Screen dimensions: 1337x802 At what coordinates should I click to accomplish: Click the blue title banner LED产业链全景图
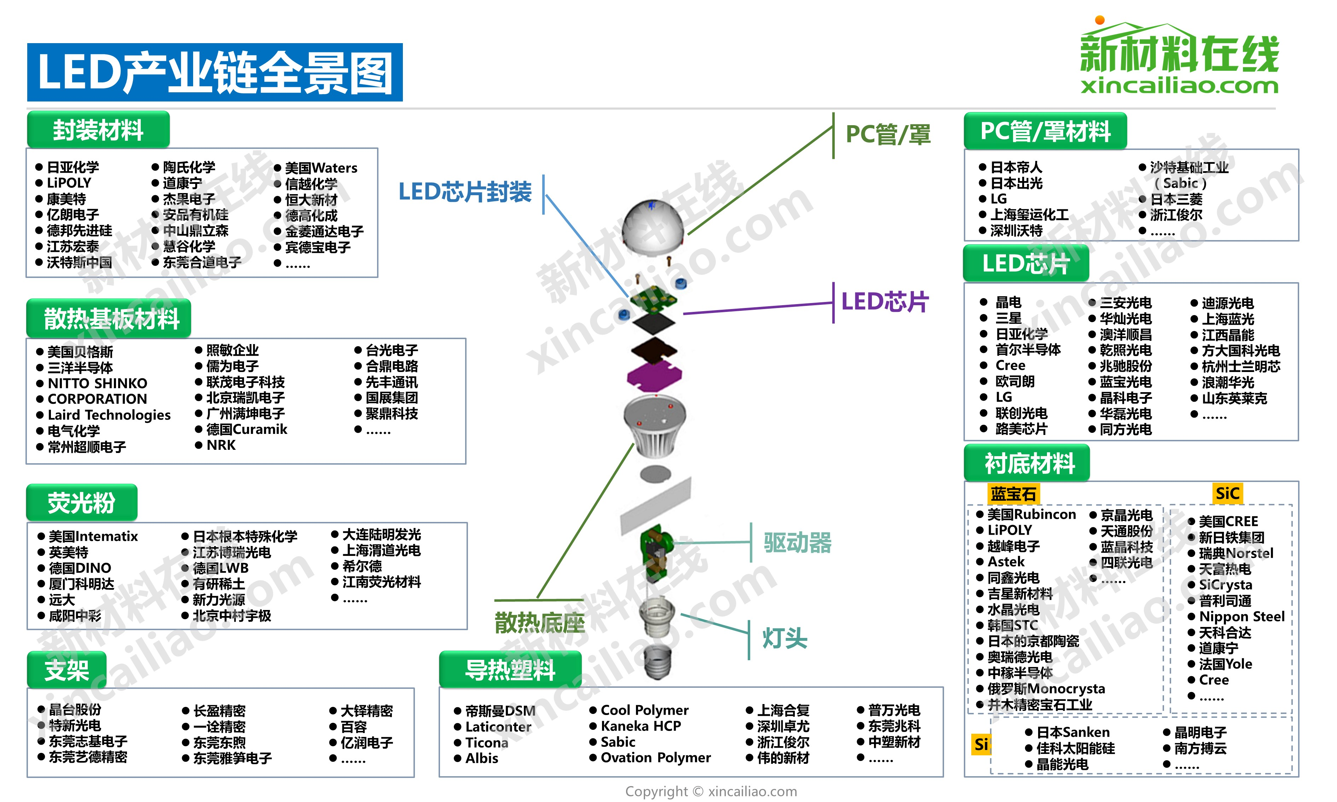click(215, 72)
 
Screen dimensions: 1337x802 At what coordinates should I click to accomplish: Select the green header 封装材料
click(98, 130)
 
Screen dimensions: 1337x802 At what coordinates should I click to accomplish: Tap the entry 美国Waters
click(321, 168)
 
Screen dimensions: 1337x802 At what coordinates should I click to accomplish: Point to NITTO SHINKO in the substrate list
click(97, 383)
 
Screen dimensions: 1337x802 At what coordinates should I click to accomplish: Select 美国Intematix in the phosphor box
click(93, 536)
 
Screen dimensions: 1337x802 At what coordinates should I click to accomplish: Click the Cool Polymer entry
click(644, 710)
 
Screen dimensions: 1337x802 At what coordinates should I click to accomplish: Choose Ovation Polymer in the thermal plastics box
click(655, 758)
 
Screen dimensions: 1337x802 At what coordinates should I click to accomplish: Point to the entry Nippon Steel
click(1241, 617)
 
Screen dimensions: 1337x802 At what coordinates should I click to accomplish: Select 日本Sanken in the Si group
click(1073, 732)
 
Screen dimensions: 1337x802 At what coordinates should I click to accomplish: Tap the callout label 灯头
click(785, 639)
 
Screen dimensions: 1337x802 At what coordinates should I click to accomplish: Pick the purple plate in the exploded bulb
click(654, 374)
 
